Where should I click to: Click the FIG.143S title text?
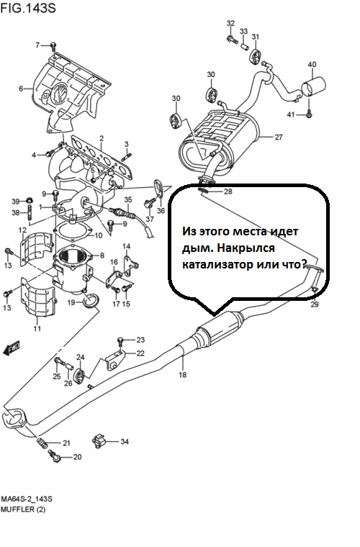tap(28, 8)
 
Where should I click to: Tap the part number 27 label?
tap(279, 137)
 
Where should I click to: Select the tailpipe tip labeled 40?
tap(313, 86)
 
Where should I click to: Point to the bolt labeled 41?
tap(309, 114)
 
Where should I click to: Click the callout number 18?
tap(182, 375)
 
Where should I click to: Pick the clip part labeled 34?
tap(99, 440)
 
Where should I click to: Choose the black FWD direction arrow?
tap(12, 348)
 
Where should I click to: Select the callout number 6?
tap(21, 89)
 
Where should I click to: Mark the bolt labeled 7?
tap(53, 45)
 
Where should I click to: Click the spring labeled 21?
tap(42, 443)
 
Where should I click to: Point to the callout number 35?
tap(128, 199)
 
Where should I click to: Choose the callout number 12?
tap(22, 230)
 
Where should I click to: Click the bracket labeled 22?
tap(114, 359)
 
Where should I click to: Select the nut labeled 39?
tap(30, 201)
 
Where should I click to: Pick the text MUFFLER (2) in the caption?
tap(23, 510)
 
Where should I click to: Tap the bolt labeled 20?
tap(55, 456)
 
